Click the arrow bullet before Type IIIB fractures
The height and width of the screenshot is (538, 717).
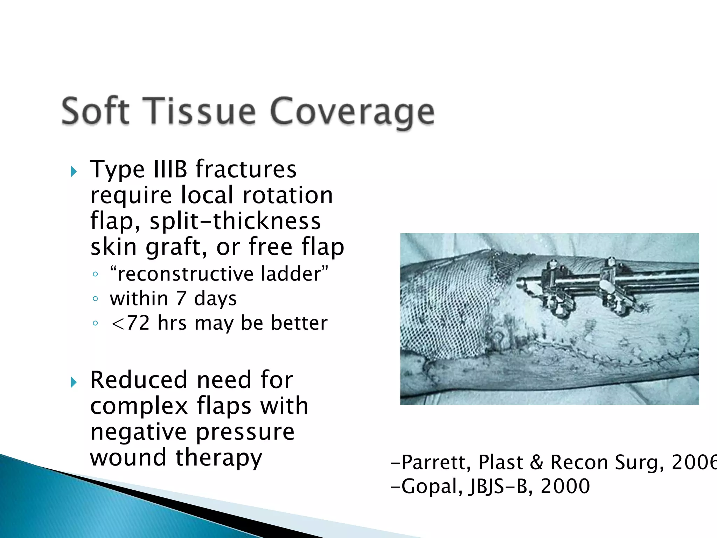(x=74, y=172)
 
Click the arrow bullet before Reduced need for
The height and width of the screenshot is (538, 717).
(x=74, y=382)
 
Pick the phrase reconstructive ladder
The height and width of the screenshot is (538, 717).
(x=219, y=274)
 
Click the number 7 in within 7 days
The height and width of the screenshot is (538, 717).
(x=181, y=298)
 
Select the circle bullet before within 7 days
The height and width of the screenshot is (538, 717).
(x=95, y=299)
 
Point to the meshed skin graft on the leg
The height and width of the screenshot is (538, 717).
(x=448, y=308)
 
